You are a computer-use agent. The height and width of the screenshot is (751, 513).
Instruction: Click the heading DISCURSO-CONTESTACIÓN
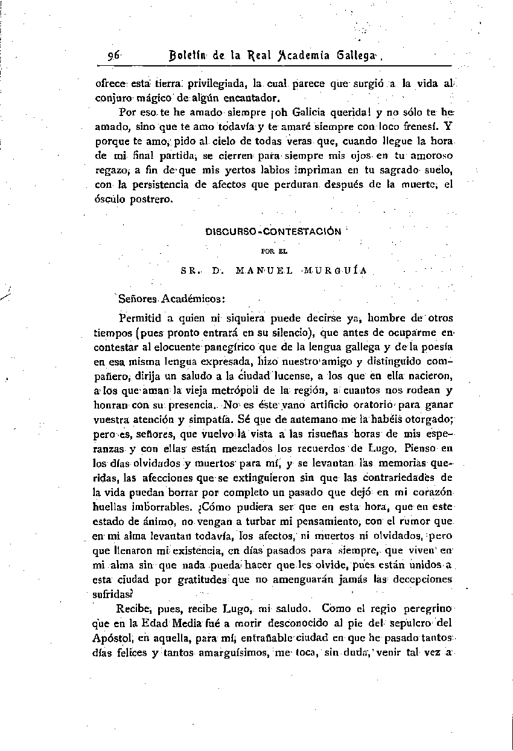point(273,231)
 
